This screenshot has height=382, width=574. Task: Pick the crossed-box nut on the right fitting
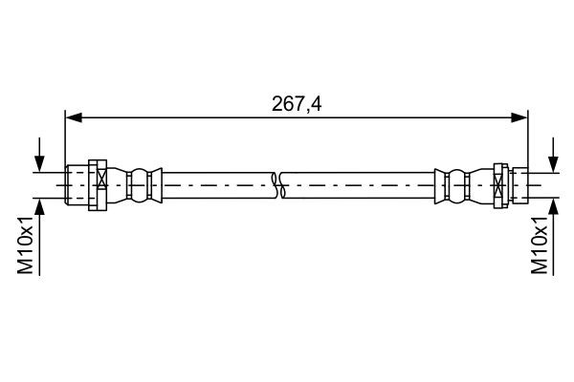click(498, 183)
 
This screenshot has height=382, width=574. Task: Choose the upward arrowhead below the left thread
click(39, 204)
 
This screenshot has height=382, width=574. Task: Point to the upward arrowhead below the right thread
click(552, 204)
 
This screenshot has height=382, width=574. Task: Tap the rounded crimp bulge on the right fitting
click(456, 183)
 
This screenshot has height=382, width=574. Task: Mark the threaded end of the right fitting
click(519, 183)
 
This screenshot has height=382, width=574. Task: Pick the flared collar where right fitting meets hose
click(438, 183)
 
